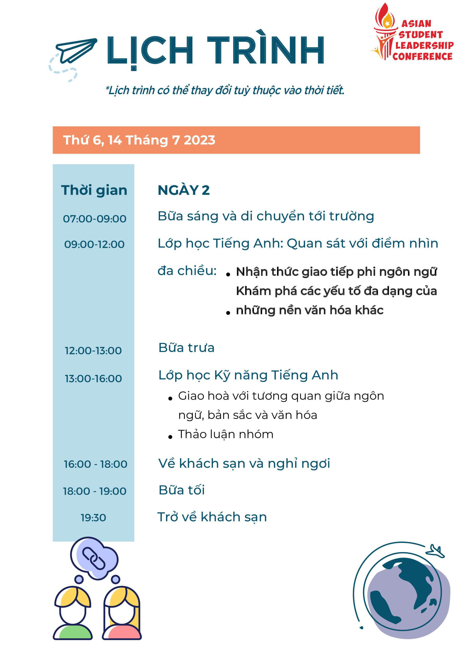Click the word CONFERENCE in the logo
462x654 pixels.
pos(422,56)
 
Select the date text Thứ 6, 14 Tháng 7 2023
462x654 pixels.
pos(139,140)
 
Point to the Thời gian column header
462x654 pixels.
pos(94,190)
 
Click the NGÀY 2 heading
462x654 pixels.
pos(184,190)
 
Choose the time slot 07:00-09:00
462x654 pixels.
pos(94,219)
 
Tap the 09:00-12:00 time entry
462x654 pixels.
pos(94,244)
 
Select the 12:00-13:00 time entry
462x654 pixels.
pos(93,350)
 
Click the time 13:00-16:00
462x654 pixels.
pos(93,378)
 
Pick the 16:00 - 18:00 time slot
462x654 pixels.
pos(95,464)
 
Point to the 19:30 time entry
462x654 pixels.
pos(93,518)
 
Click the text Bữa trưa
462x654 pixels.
pos(186,348)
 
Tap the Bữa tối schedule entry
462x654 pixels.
pos(182,490)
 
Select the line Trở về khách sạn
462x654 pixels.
pos(212,517)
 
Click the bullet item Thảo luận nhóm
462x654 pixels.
pos(225,434)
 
